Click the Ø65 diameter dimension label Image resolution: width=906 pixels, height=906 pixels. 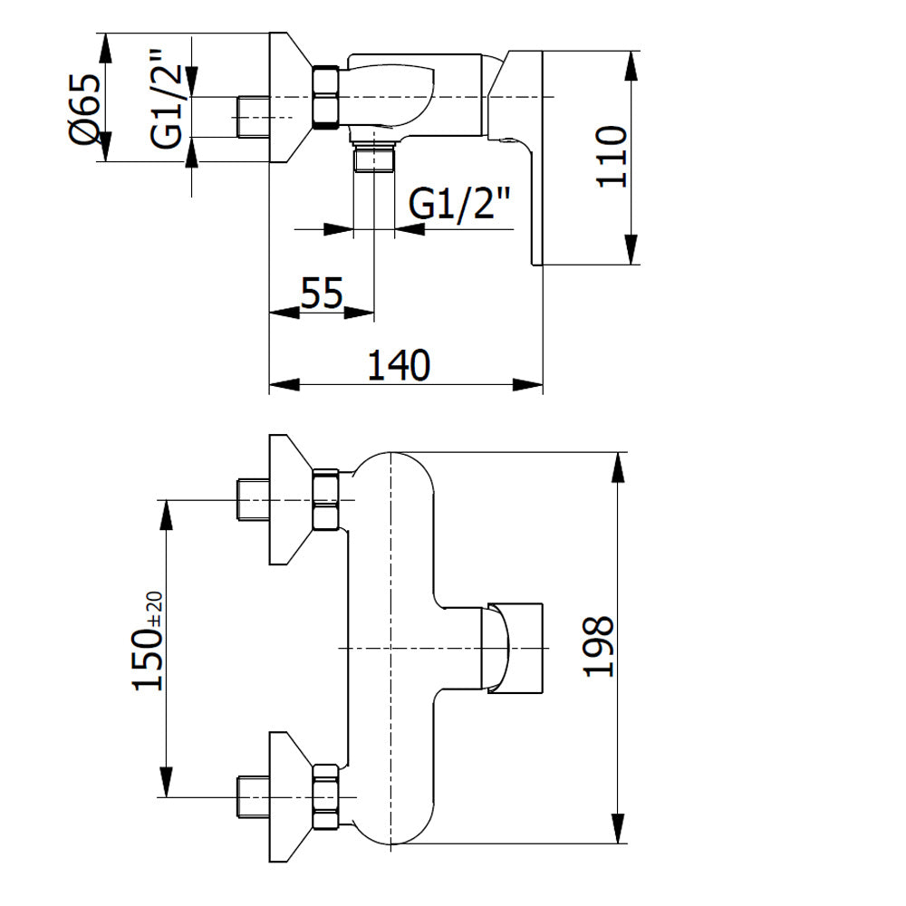84,110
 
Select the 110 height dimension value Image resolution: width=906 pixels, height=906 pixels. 612,156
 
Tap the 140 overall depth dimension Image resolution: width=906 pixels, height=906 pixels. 399,364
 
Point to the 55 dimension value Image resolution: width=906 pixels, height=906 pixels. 322,293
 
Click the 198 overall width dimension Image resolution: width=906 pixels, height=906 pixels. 598,646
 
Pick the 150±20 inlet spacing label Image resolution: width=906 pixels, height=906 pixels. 148,641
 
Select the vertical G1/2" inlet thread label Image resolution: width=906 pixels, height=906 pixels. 167,99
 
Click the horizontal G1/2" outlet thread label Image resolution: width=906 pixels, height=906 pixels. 459,203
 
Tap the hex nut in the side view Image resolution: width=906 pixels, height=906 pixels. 325,97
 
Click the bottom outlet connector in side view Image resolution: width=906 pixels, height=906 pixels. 374,156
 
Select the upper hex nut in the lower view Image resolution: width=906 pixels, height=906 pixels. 325,500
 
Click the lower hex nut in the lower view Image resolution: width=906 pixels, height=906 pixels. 325,796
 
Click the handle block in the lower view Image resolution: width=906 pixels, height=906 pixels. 516,648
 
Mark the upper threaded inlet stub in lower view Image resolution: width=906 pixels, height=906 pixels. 253,500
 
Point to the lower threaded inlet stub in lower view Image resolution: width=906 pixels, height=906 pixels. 253,796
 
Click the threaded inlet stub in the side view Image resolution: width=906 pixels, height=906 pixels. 253,117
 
